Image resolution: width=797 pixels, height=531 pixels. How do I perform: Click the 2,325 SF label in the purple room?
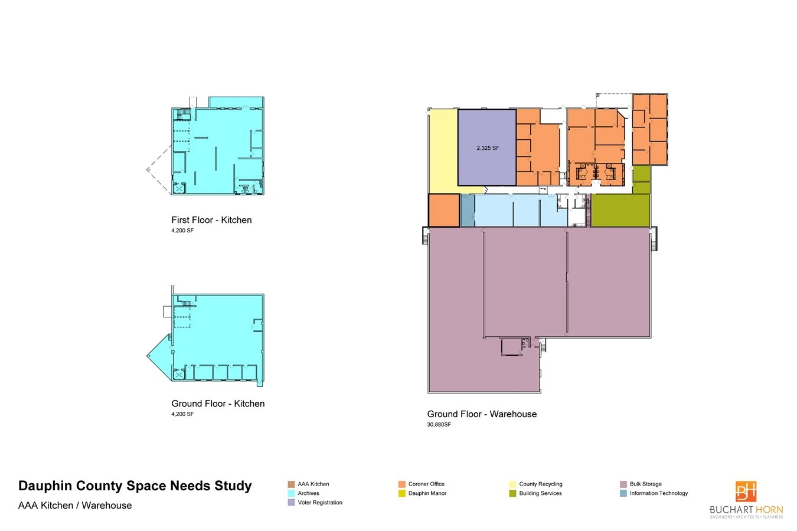(x=488, y=148)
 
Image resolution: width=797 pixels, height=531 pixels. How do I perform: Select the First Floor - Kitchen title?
(x=211, y=220)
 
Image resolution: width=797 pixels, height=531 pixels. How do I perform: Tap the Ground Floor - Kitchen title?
(x=218, y=404)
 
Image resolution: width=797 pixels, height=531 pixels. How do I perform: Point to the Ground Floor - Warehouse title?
(x=482, y=414)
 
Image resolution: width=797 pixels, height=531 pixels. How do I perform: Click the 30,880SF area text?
(x=439, y=425)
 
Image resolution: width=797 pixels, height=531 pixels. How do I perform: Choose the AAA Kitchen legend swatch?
(x=291, y=484)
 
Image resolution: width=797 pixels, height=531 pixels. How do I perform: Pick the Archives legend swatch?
(x=291, y=493)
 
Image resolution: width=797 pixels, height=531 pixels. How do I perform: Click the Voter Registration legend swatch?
(x=291, y=503)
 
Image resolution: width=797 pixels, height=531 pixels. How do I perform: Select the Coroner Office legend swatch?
(x=401, y=484)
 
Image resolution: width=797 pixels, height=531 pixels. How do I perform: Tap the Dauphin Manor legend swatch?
(x=401, y=493)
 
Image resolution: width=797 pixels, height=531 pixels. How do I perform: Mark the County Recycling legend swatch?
(x=512, y=484)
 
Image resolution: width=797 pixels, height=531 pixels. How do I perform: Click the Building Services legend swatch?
(x=512, y=493)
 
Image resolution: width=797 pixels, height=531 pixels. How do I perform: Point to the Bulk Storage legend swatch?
(x=623, y=484)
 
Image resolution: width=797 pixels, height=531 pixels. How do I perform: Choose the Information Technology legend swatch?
(x=623, y=493)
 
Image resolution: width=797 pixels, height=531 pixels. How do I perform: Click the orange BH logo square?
(x=746, y=491)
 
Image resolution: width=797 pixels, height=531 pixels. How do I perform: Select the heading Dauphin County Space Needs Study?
(x=135, y=486)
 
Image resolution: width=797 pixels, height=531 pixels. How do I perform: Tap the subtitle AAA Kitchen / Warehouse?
(x=75, y=506)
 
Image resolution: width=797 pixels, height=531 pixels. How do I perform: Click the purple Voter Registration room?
(x=486, y=147)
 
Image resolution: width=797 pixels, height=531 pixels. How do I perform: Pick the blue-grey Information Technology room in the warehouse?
(x=468, y=210)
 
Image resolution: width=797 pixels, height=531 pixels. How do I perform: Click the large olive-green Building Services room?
(x=620, y=210)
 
